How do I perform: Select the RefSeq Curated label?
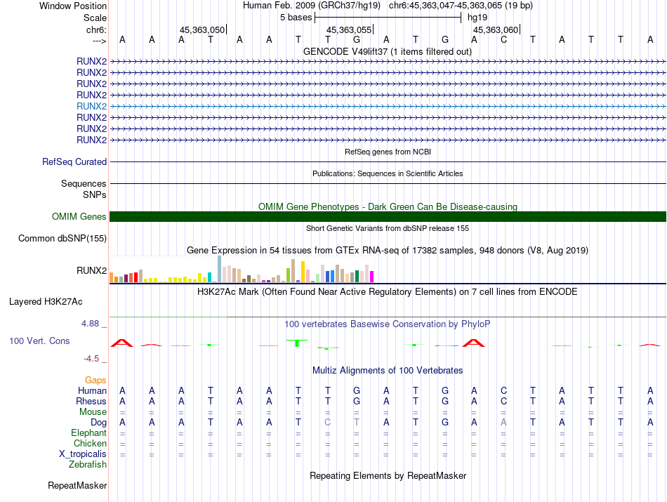pyautogui.click(x=74, y=161)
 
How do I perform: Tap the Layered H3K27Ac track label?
pyautogui.click(x=46, y=302)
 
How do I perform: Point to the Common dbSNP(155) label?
pyautogui.click(x=62, y=239)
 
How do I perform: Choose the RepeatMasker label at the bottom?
pyautogui.click(x=77, y=485)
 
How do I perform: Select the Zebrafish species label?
pyautogui.click(x=88, y=464)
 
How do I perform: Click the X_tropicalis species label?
pyautogui.click(x=83, y=454)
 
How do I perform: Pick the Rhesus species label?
pyautogui.click(x=91, y=401)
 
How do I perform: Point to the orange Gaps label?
pyautogui.click(x=96, y=380)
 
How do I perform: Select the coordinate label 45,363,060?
pyautogui.click(x=496, y=30)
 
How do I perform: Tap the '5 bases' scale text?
pyautogui.click(x=296, y=16)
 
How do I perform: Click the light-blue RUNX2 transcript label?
pyautogui.click(x=91, y=106)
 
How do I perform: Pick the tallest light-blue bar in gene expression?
pyautogui.click(x=220, y=269)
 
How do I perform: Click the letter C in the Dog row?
pyautogui.click(x=327, y=422)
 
